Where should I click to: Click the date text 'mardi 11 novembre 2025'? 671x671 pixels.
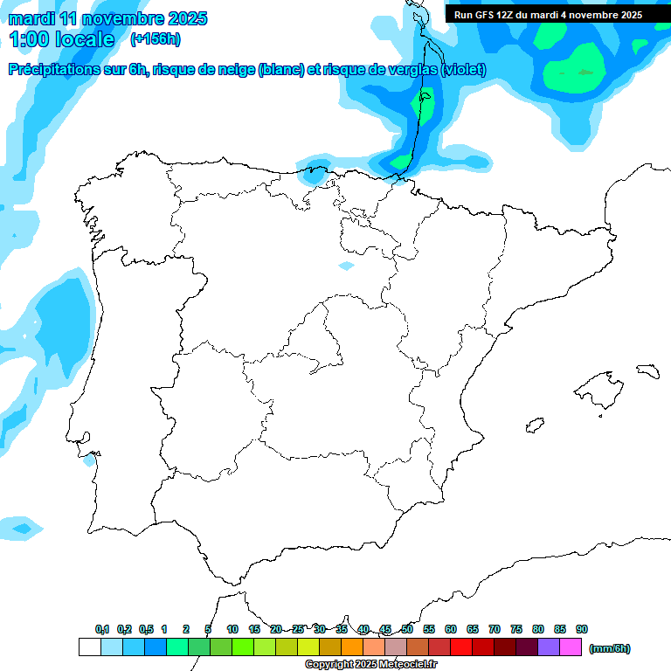click(x=107, y=18)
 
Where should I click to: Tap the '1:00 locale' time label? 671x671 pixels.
click(x=61, y=39)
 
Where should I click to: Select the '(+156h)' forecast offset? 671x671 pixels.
click(x=155, y=39)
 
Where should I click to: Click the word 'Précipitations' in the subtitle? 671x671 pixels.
click(x=53, y=70)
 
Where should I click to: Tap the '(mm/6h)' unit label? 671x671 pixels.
click(x=610, y=648)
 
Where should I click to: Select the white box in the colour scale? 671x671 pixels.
click(x=89, y=647)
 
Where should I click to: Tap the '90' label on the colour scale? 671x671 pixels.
click(x=582, y=629)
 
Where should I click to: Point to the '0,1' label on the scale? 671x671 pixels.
click(x=102, y=629)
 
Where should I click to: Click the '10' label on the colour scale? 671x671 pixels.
click(x=232, y=629)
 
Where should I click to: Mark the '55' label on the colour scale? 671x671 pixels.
click(x=429, y=629)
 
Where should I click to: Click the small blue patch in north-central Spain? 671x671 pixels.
click(x=347, y=265)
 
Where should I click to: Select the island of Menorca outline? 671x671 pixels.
click(x=647, y=370)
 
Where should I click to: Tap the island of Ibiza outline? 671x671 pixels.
click(x=532, y=425)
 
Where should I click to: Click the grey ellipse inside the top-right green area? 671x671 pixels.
click(x=585, y=72)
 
